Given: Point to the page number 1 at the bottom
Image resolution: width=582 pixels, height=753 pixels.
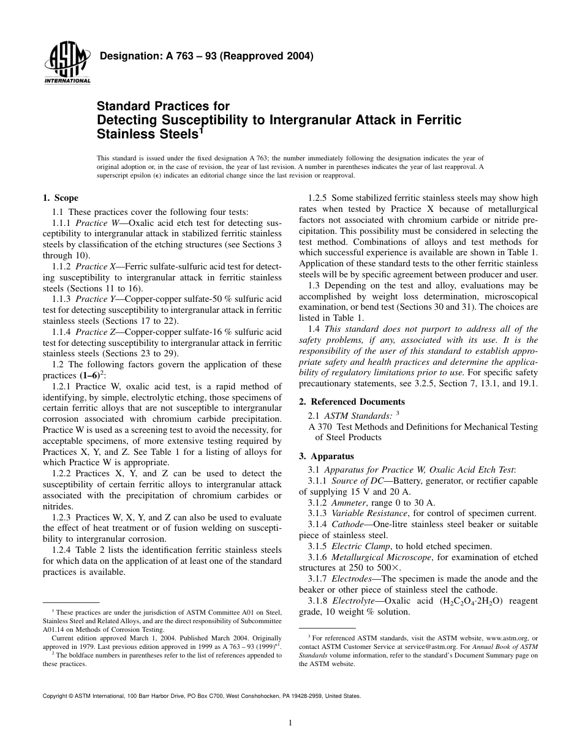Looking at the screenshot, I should click(290, 723).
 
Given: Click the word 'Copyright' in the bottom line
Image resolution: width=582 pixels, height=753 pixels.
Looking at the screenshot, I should click(57, 696).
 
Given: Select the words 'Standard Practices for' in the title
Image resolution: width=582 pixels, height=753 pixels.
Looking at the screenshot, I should click(163, 107).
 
